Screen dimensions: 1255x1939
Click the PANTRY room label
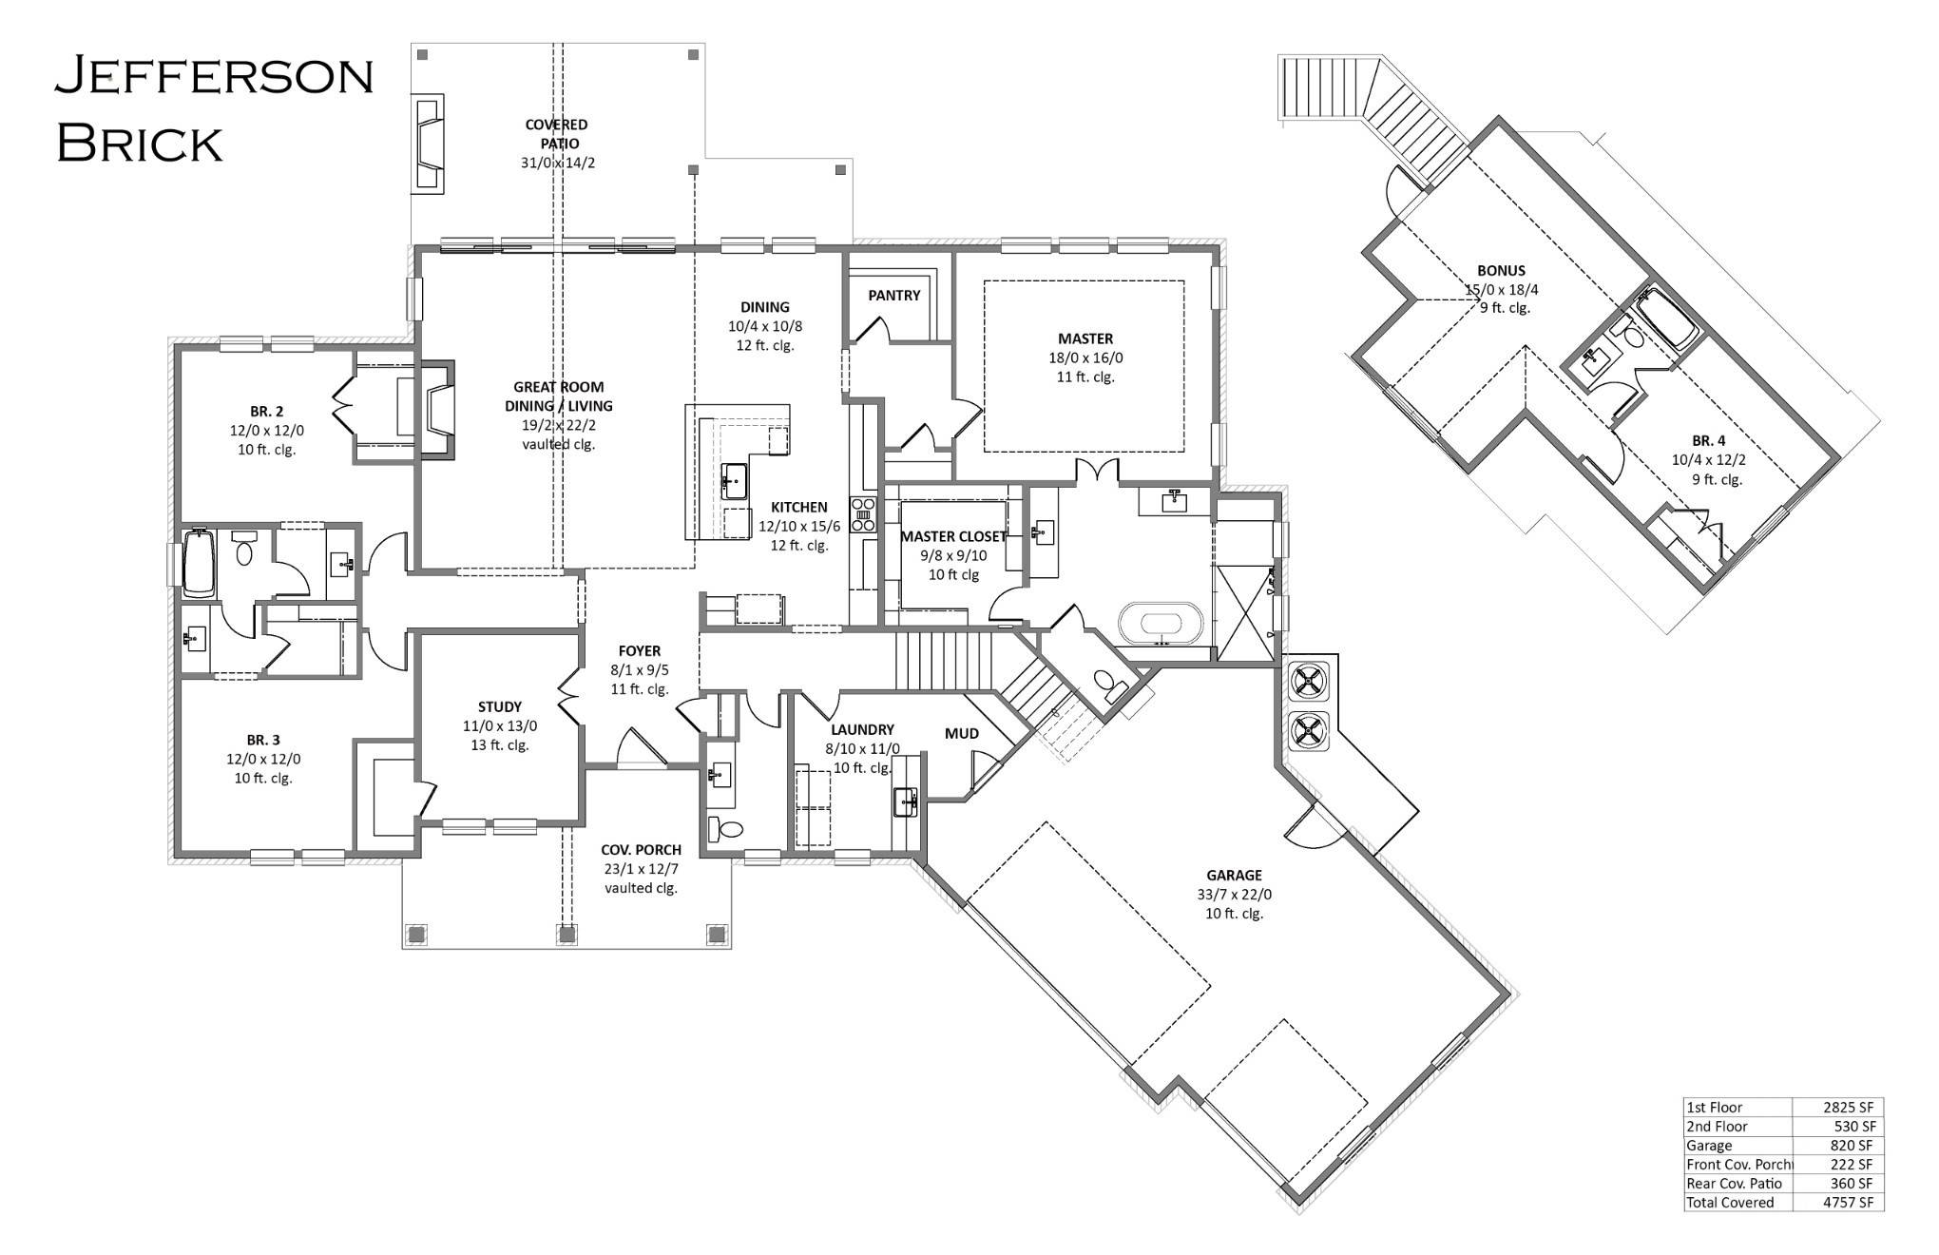(x=893, y=296)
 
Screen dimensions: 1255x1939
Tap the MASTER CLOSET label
(x=952, y=536)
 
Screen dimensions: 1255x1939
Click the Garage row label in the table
(x=1709, y=1146)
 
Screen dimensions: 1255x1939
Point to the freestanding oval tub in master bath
(x=1161, y=626)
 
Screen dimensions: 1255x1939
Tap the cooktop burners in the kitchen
(x=864, y=513)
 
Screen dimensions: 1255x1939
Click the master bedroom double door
(x=1097, y=471)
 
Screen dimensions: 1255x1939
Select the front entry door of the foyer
(x=640, y=750)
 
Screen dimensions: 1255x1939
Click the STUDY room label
(x=499, y=706)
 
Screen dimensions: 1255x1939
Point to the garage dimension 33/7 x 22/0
(x=1234, y=895)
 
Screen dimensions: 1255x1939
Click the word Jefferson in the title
(x=214, y=76)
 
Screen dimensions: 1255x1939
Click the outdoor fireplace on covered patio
(x=429, y=144)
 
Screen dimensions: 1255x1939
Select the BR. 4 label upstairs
(x=1708, y=440)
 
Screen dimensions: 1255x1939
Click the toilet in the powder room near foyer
(x=729, y=828)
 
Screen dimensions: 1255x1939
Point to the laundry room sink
(x=905, y=801)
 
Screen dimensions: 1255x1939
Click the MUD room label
(x=962, y=733)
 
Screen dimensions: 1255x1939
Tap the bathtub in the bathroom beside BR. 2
(x=199, y=563)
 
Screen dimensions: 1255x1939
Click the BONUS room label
(x=1501, y=270)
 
